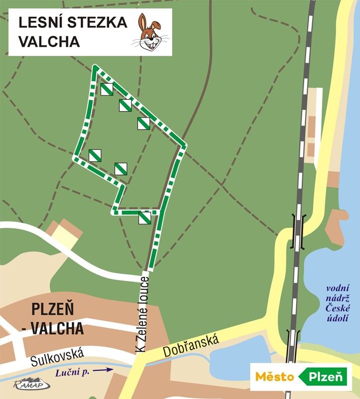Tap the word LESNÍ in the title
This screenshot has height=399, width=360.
(x=40, y=23)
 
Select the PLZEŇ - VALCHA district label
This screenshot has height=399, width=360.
(x=57, y=319)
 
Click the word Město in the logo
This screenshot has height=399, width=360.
(x=274, y=377)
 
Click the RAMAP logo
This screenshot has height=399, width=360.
(x=31, y=384)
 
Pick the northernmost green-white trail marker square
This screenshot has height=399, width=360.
(x=107, y=89)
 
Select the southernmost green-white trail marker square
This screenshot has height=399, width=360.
(x=145, y=218)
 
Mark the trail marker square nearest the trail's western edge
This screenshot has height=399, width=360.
(x=95, y=155)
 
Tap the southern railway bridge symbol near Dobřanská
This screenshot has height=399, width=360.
(x=293, y=343)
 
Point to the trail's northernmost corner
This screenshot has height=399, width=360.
(x=95, y=67)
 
